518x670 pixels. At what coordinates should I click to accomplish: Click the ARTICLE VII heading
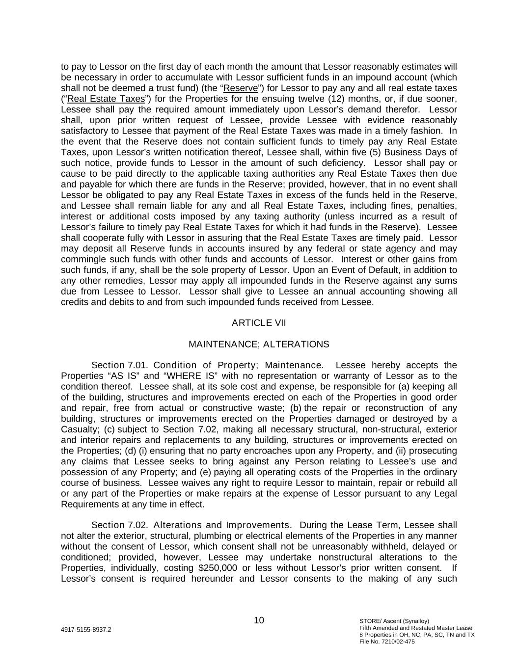(x=259, y=322)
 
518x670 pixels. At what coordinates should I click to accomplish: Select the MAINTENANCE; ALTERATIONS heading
(x=259, y=344)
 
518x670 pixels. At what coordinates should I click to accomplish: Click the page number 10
(x=259, y=620)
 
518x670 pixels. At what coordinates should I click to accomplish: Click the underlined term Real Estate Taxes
(x=106, y=99)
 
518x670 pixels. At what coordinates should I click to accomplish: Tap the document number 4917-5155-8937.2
(x=86, y=629)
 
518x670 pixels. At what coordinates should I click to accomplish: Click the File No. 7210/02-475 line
(x=387, y=641)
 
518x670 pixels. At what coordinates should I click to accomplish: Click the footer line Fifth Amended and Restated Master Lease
(x=416, y=627)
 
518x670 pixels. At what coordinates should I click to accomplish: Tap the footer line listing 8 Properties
(x=417, y=634)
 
